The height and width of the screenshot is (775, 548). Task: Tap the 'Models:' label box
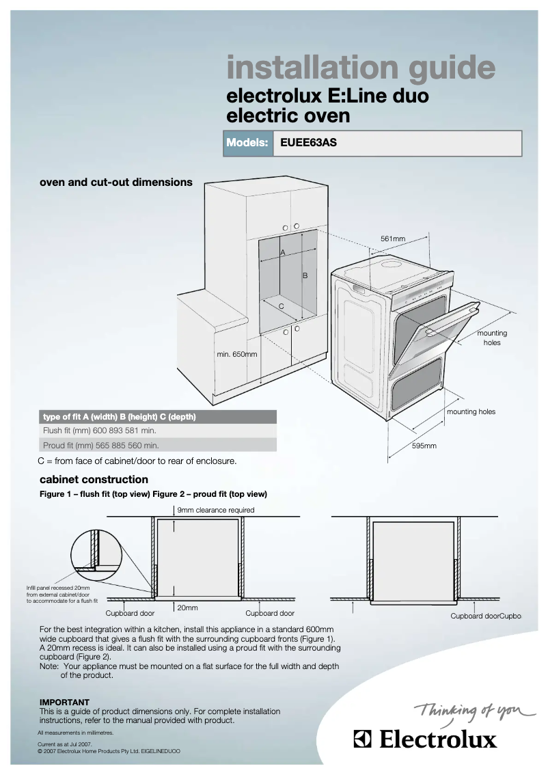247,144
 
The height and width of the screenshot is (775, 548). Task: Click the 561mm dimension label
392,239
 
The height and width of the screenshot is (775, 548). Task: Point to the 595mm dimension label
424,446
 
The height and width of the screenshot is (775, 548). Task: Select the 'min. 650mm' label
236,354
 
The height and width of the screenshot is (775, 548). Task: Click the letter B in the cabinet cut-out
305,275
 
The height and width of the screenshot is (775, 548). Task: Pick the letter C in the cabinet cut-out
281,305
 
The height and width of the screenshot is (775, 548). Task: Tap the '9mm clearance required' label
215,510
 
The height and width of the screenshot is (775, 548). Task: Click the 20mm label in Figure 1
187,607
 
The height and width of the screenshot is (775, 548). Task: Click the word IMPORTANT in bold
64,702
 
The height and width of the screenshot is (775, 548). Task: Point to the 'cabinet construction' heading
94,479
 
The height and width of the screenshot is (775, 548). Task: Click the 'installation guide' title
361,68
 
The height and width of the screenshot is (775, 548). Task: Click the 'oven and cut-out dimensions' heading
116,182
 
